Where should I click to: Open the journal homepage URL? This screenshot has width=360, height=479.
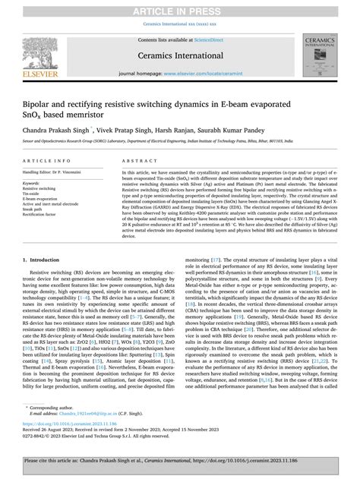coord(199,73)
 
